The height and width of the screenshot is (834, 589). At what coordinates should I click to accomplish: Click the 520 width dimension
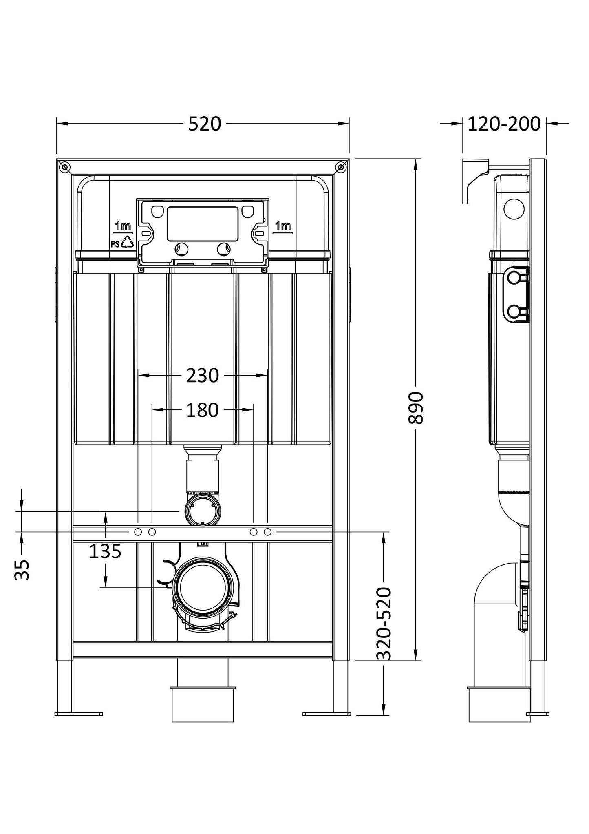click(x=204, y=124)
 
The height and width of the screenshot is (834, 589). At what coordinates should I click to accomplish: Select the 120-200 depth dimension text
click(x=504, y=124)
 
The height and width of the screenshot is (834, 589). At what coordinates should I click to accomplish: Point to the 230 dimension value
click(x=203, y=376)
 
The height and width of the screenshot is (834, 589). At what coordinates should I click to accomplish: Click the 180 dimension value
click(x=203, y=410)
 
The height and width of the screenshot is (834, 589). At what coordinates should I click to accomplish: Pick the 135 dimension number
click(x=105, y=552)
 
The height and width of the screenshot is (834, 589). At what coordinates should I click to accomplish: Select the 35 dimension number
click(x=22, y=569)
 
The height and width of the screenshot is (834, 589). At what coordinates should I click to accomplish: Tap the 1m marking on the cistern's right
click(x=283, y=226)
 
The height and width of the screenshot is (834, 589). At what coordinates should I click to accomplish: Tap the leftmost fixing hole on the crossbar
click(x=138, y=532)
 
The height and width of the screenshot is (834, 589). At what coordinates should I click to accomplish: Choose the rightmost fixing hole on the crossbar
click(x=267, y=532)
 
